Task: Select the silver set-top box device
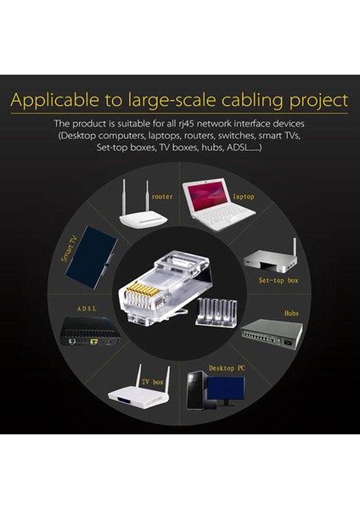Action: pos(271,260)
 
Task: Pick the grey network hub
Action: pos(270,333)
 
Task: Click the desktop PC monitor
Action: pos(225,389)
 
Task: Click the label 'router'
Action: pos(161,196)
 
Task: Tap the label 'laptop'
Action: pos(244,196)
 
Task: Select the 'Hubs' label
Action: pos(291,313)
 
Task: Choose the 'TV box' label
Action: pos(152,382)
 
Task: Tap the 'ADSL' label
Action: pos(88,310)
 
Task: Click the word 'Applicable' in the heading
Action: pos(60,101)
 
